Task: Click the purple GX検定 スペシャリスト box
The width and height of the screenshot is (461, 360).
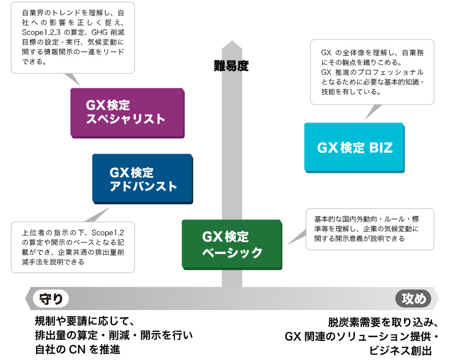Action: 127,113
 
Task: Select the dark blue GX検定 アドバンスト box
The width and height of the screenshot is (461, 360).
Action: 143,179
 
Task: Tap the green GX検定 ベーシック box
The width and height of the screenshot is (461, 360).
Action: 232,244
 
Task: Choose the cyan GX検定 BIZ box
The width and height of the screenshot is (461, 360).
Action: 354,147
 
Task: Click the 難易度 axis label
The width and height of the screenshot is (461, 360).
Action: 231,66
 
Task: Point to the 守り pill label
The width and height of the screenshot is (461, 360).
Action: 51,299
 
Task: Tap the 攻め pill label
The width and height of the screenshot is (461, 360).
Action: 413,299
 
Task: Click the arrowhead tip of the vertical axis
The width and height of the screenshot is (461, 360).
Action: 232,41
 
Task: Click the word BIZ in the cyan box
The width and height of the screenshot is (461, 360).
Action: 381,147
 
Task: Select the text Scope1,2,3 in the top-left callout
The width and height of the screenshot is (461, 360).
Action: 41,32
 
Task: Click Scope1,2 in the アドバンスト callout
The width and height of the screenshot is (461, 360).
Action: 108,233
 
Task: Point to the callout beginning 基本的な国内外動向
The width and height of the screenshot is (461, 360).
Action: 370,229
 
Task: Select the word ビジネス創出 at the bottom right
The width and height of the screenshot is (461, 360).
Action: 400,350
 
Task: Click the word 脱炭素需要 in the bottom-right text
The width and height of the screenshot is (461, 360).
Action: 354,323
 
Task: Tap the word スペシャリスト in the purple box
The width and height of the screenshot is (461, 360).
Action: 125,119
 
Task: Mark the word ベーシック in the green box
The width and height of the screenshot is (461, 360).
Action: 232,252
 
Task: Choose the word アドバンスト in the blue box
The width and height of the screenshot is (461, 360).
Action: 143,186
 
